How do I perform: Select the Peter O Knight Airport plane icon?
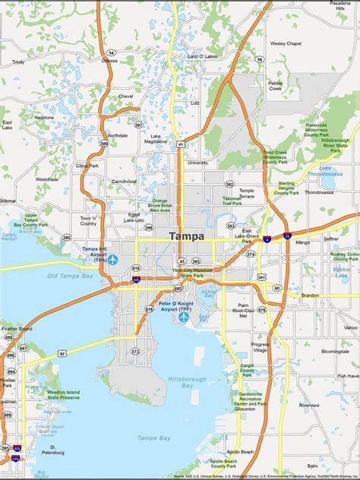coord(184,317)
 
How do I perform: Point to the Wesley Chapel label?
coord(286,44)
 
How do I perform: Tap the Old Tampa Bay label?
coord(64,276)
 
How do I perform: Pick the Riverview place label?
coord(309,405)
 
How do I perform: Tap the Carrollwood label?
coord(124,182)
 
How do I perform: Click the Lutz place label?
coord(195,103)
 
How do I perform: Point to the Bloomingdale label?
coord(334,352)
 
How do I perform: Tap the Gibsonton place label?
coord(245,408)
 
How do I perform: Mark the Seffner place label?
coord(331,238)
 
